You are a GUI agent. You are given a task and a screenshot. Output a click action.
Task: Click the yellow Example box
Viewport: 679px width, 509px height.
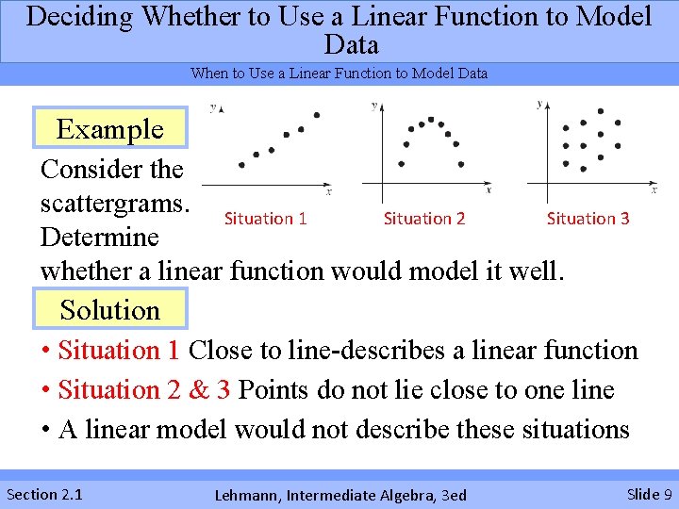pyautogui.click(x=110, y=129)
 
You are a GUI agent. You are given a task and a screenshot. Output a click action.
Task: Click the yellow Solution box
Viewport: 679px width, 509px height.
pyautogui.click(x=110, y=309)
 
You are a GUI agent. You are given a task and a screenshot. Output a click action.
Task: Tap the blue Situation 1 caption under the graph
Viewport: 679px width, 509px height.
pyautogui.click(x=265, y=219)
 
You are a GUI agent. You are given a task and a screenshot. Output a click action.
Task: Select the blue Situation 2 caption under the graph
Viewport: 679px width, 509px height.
pyautogui.click(x=424, y=219)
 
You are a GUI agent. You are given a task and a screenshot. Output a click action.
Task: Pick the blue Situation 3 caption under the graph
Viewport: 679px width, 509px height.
pyautogui.click(x=588, y=219)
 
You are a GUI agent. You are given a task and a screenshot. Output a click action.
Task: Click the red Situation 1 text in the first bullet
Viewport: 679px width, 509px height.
pyautogui.click(x=119, y=351)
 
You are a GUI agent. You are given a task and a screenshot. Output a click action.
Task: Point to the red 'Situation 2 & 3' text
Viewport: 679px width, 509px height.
pyautogui.click(x=145, y=390)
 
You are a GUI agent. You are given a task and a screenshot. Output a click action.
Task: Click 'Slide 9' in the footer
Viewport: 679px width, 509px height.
pyautogui.click(x=649, y=494)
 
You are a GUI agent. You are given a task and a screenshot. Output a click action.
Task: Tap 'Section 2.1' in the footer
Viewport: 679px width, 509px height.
pyautogui.click(x=44, y=494)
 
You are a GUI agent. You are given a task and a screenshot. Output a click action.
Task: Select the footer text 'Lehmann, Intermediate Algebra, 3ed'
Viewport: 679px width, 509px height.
pyautogui.click(x=340, y=495)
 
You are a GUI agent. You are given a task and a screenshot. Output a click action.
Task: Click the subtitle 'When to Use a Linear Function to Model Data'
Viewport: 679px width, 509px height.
pyautogui.click(x=339, y=74)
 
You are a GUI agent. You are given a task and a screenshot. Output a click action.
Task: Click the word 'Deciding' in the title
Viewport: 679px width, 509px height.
pyautogui.click(x=82, y=17)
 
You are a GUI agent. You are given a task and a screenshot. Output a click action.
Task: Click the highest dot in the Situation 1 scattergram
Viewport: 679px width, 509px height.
pyautogui.click(x=317, y=115)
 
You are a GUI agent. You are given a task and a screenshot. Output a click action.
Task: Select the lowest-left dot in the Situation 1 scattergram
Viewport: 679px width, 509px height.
pyautogui.click(x=242, y=165)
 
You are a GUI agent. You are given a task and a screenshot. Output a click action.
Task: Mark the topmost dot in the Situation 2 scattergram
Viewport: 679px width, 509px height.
pyautogui.click(x=431, y=120)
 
